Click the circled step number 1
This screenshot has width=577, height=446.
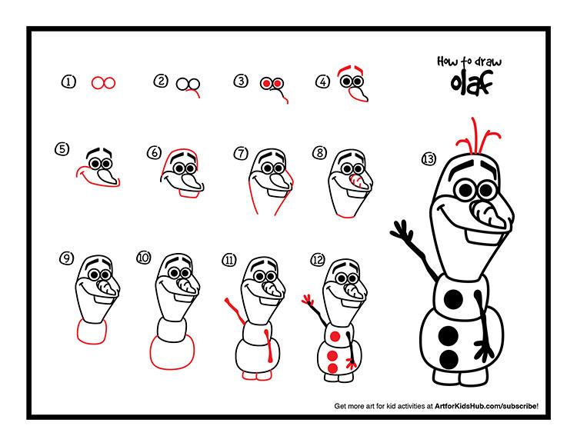coord(68,82)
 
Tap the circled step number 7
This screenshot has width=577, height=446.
coord(241,153)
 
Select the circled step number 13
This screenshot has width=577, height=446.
coord(429,159)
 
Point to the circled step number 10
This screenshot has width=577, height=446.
coord(144,258)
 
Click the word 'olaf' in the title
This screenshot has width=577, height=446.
coord(472,83)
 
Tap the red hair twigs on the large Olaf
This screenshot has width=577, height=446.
coord(477,136)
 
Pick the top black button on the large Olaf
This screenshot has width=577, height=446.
coord(453,299)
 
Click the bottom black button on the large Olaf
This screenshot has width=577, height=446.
coord(449,359)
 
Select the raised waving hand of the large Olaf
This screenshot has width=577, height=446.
coord(402,230)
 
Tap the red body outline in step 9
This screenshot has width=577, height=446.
coord(92,331)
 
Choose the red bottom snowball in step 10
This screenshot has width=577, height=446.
coord(172,351)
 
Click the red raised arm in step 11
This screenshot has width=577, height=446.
coord(235,311)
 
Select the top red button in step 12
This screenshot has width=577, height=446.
coord(335,337)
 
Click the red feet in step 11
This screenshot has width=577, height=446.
coord(257,375)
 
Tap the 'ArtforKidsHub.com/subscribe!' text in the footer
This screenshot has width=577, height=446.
coord(486,406)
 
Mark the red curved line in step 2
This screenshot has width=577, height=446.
coord(194,92)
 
